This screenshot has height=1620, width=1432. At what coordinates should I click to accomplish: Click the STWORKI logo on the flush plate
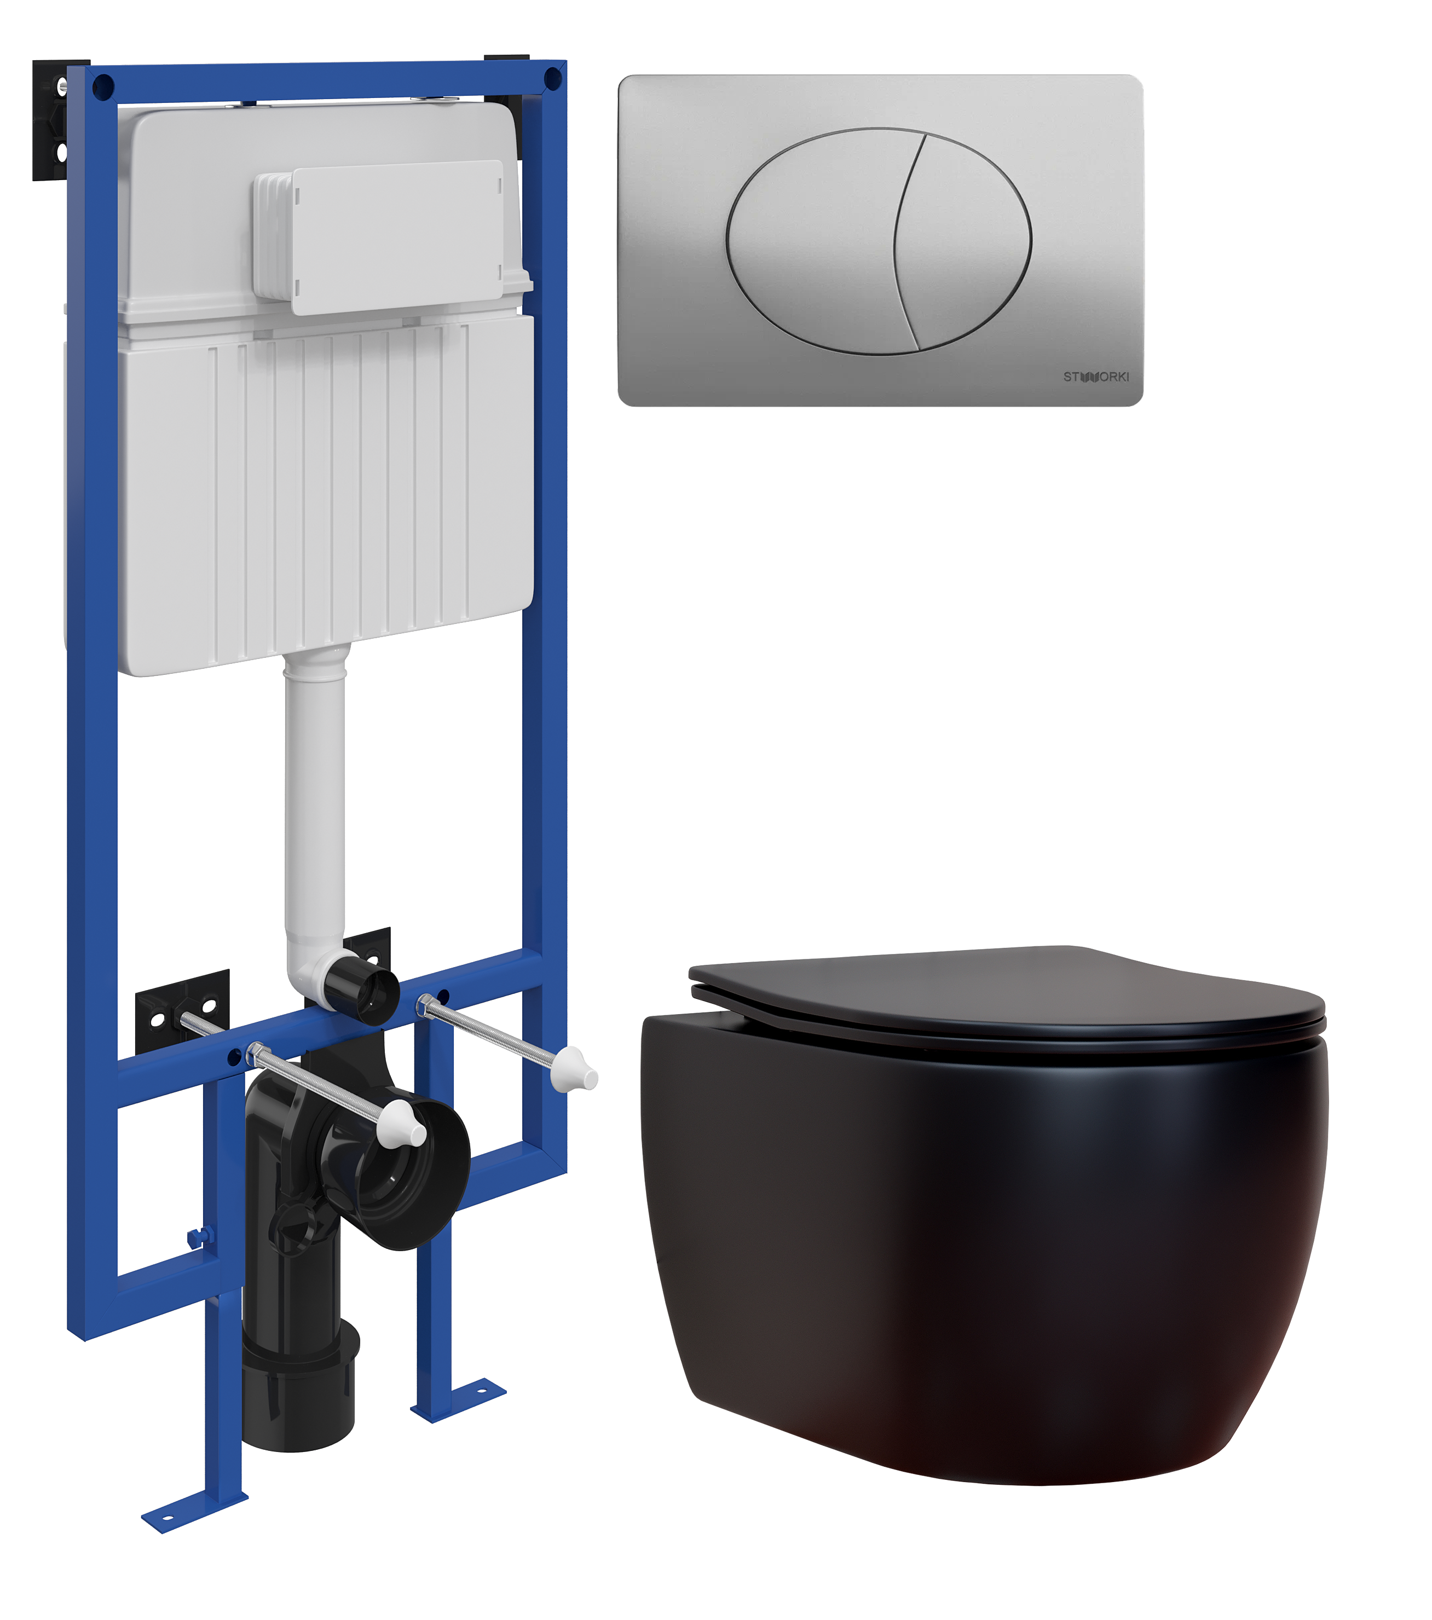pyautogui.click(x=1096, y=377)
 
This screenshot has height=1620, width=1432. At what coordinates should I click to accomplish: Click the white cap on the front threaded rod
pyautogui.click(x=405, y=1127)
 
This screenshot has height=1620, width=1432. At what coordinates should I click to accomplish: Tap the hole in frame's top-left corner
pyautogui.click(x=102, y=85)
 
